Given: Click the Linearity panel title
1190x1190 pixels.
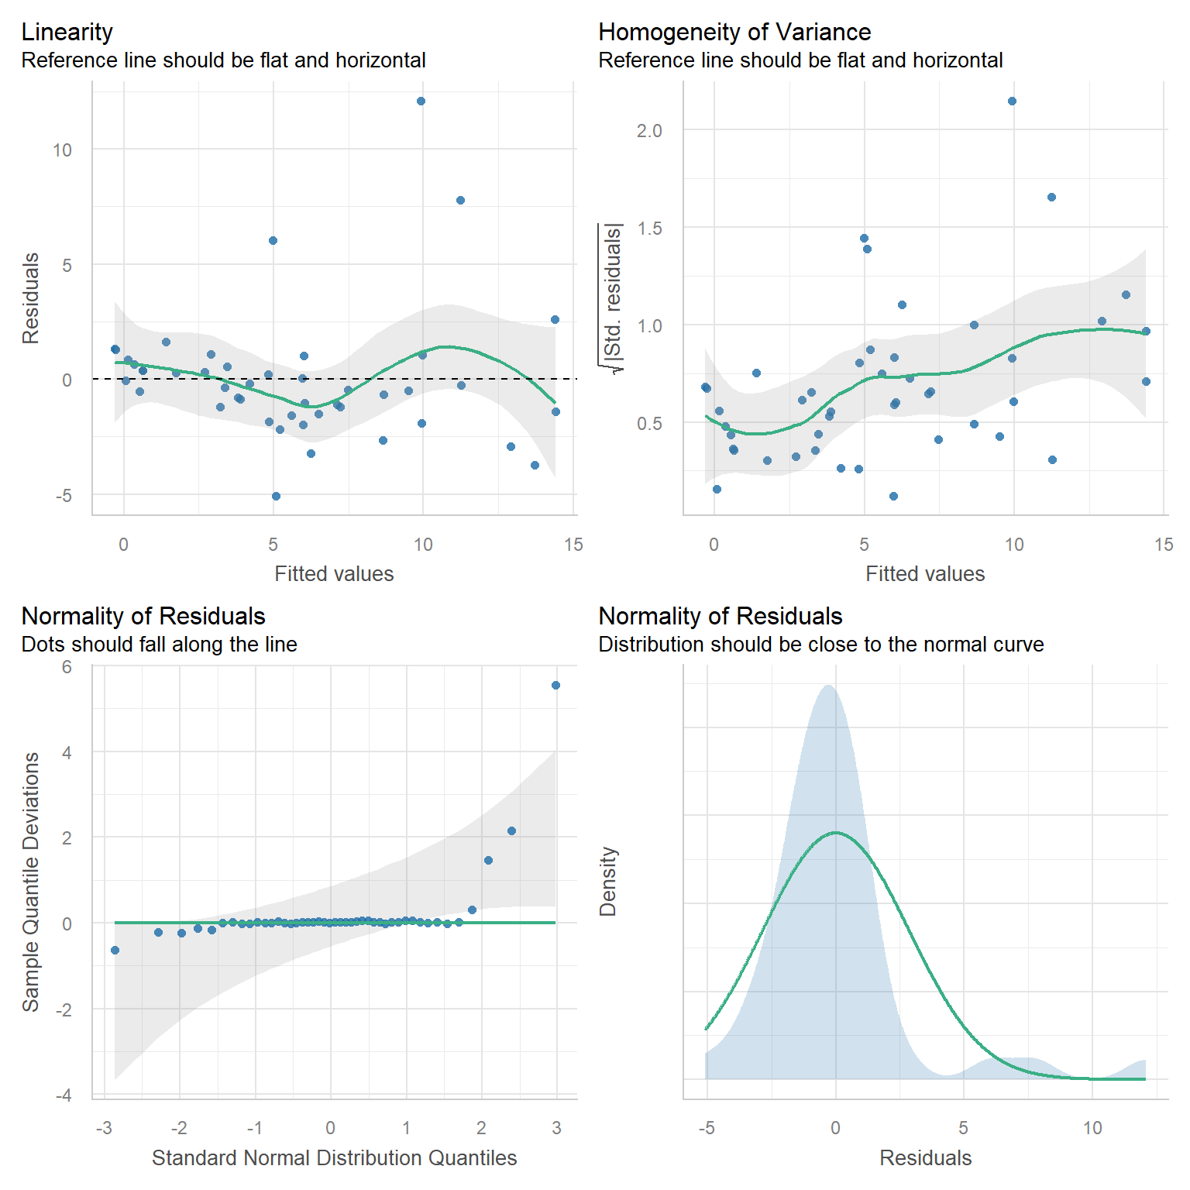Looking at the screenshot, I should tap(67, 32).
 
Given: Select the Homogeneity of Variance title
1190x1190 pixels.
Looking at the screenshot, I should tap(734, 32).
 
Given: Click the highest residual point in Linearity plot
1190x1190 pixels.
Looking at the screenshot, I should tap(421, 101).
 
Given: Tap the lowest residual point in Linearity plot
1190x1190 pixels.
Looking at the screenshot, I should tap(276, 496).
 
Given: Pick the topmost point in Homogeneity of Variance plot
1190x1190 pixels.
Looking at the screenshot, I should tap(1012, 101).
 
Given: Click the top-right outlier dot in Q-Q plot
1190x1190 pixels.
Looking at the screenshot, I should tap(555, 685).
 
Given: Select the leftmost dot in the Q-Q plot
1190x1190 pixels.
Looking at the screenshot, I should tap(115, 950).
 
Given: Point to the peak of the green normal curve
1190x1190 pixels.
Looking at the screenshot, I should tap(836, 833).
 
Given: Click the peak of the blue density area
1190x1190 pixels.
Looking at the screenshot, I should tap(829, 686).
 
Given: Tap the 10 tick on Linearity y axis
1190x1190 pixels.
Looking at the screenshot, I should tap(62, 150).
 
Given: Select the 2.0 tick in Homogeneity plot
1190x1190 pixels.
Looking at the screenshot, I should tap(649, 131).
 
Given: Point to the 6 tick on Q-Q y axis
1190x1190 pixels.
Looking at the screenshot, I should tap(67, 667).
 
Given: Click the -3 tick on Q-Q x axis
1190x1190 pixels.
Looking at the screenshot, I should tap(104, 1128).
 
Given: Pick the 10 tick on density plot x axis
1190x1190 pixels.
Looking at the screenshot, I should tap(1092, 1128).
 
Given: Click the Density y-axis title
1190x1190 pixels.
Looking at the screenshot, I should tap(608, 882).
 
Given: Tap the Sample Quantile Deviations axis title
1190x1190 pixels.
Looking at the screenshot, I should tap(31, 882).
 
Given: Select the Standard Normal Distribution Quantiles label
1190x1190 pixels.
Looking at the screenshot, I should tap(334, 1157).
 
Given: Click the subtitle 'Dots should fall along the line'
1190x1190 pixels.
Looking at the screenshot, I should tap(160, 645).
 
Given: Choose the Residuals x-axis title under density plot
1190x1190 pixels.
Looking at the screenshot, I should tap(925, 1157).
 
